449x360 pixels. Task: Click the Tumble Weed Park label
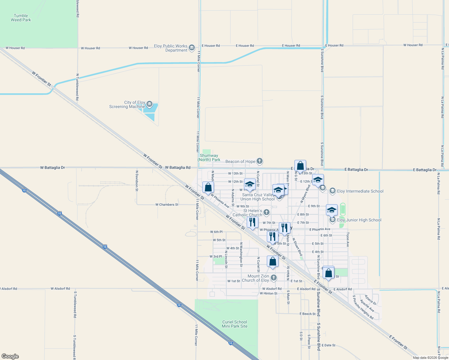[21, 18]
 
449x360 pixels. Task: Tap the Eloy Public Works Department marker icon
[192, 48]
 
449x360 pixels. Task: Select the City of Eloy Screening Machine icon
[149, 104]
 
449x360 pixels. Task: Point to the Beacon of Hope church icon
[260, 161]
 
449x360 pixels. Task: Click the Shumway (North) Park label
[209, 157]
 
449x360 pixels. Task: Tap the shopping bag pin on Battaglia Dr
[300, 166]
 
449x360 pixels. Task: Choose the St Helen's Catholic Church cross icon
[266, 212]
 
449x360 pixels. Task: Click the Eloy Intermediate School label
[360, 191]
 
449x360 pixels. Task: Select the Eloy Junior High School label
[359, 220]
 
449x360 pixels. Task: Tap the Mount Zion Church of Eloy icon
[273, 278]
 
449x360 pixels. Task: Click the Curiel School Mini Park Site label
[235, 324]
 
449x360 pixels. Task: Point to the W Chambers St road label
[167, 205]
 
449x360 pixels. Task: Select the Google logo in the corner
[10, 356]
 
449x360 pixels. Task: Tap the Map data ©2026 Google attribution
[430, 358]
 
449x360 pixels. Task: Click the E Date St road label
[329, 345]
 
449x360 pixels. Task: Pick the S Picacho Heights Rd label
[363, 307]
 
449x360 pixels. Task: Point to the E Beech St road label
[308, 314]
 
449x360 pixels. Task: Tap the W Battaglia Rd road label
[178, 168]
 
